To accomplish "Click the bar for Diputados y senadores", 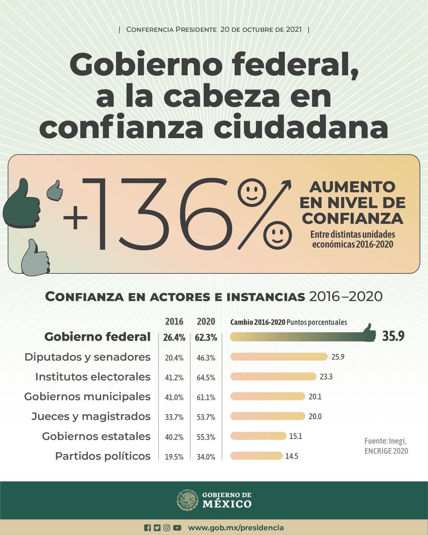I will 279,357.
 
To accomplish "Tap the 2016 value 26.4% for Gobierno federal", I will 174,337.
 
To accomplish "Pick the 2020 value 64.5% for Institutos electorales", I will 205,377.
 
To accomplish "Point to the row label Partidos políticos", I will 103,456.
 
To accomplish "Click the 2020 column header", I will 206,321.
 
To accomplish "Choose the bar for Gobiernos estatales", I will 258,436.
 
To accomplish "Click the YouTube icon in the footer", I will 177,528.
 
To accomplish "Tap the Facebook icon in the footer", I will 148,528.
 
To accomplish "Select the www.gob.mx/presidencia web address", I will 236,527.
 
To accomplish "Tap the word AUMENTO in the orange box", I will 352,186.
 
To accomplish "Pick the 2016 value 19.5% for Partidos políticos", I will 174,457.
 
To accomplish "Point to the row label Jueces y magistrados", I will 91,416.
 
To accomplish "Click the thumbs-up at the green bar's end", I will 368,333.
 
